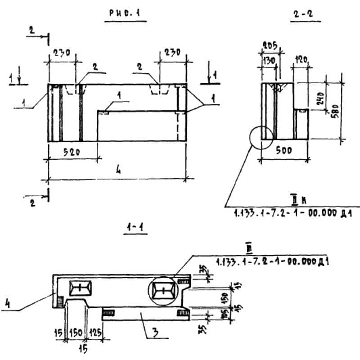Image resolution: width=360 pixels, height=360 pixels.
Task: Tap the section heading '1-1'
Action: [x=135, y=228]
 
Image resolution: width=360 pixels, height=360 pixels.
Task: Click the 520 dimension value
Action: [x=72, y=152]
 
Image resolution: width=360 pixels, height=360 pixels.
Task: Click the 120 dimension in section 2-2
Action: [x=301, y=59]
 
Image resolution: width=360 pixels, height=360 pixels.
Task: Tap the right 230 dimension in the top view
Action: [x=171, y=52]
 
